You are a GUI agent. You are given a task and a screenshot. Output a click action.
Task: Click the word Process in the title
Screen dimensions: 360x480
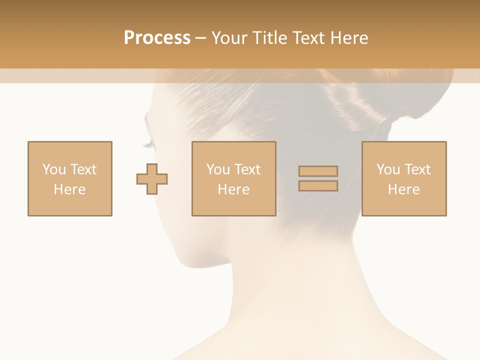point(157,38)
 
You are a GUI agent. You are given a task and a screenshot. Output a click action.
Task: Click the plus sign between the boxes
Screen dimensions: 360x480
point(152,178)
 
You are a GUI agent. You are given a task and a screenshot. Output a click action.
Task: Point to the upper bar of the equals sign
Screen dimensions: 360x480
point(318,171)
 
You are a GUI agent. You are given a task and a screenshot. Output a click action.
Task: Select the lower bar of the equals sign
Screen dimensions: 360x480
point(318,185)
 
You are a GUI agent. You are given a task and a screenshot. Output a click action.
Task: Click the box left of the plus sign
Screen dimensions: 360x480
point(70,178)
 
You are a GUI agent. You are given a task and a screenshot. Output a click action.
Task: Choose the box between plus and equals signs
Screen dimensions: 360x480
point(233,178)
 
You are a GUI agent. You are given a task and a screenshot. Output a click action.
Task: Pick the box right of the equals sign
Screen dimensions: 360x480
point(404,178)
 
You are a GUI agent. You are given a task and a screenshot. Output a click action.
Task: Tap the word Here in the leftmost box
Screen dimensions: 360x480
point(69,189)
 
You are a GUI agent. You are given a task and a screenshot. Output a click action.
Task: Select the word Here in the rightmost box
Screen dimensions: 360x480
point(404,189)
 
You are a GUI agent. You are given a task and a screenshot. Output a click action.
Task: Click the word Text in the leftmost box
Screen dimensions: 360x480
point(83,169)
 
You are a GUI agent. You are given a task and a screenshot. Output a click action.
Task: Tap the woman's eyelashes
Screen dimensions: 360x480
point(148,145)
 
